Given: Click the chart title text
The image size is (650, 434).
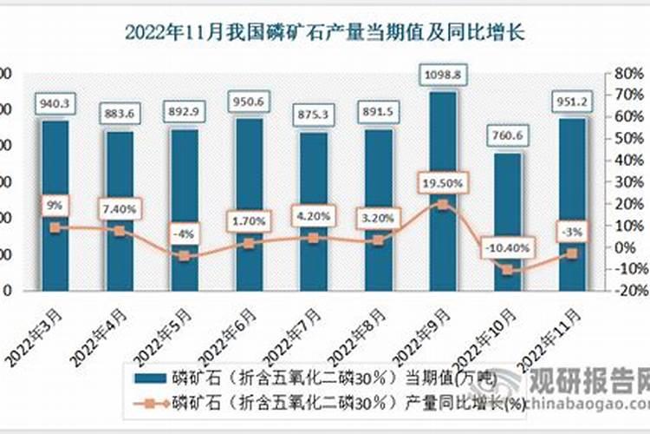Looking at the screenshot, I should [x=325, y=33].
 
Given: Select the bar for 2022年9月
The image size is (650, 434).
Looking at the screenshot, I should [x=443, y=191].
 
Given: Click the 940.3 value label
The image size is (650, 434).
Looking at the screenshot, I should [x=55, y=104].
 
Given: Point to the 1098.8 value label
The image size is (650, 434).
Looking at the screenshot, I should [x=443, y=75].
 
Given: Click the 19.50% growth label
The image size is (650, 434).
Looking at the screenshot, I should [x=443, y=183].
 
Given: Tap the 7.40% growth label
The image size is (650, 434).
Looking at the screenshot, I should [x=119, y=209].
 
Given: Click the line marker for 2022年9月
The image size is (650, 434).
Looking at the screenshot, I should [x=443, y=205].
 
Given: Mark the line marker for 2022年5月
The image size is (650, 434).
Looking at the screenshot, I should [x=184, y=256].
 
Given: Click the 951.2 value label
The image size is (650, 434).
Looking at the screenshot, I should [x=572, y=102].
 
